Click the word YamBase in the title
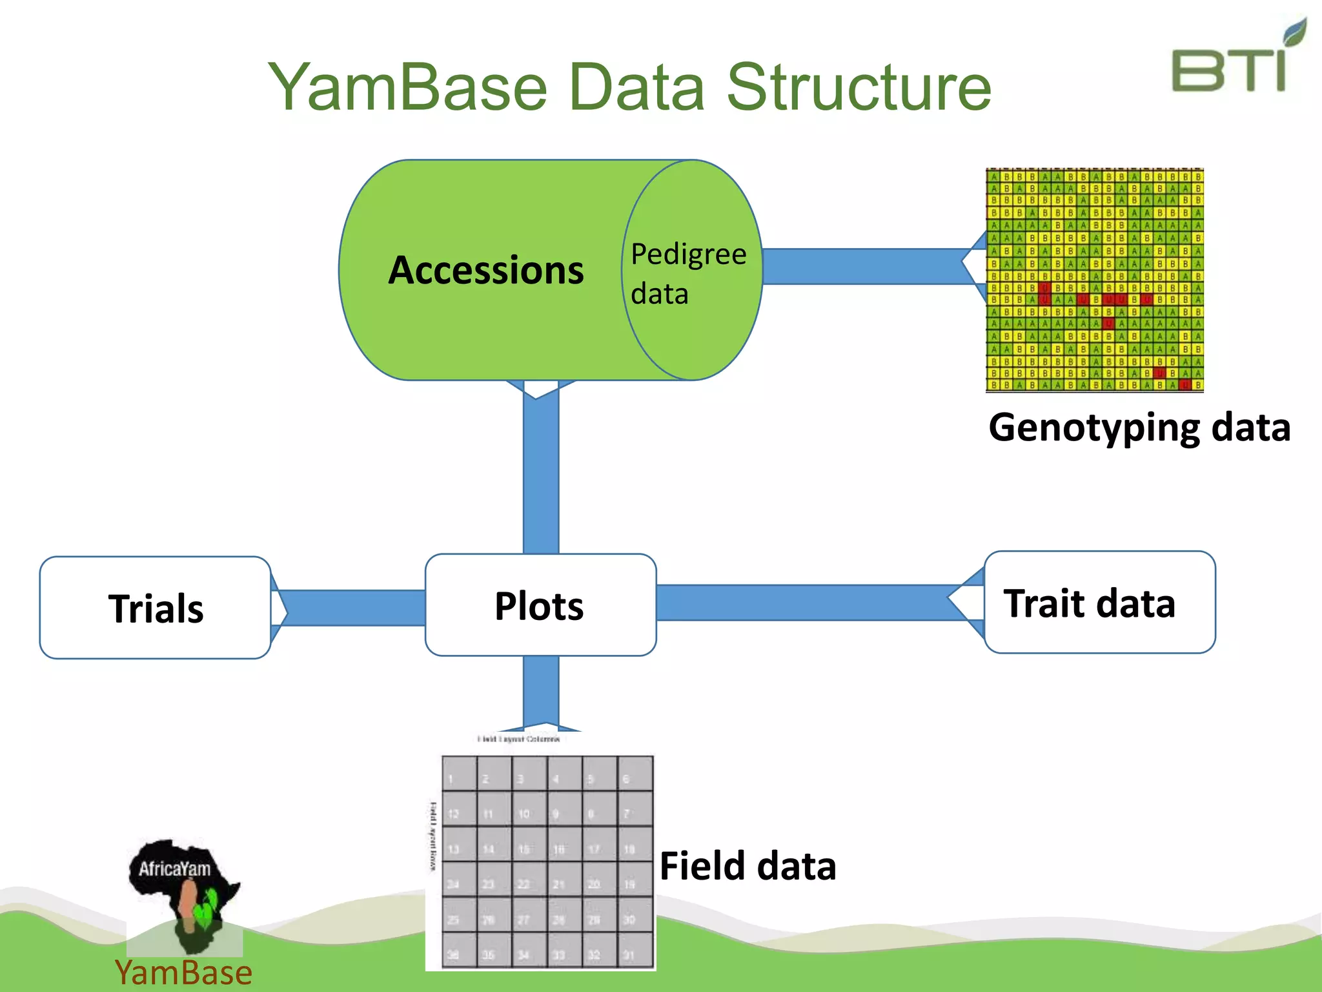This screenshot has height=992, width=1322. coord(408,87)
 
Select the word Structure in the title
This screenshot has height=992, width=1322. coord(859,87)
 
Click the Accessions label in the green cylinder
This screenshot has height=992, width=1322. coord(485,270)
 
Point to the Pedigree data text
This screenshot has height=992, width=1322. coord(687,273)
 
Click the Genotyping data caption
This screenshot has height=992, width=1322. coord(1139,428)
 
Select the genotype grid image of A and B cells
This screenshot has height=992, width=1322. coord(1095,280)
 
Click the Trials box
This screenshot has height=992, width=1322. coord(155,608)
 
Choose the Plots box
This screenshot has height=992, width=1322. coord(540,605)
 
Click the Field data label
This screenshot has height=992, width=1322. coord(747,866)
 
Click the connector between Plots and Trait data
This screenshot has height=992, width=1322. coord(807,603)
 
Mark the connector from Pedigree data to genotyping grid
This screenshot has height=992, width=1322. coord(865,266)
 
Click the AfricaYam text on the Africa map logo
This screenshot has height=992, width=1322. coord(174,869)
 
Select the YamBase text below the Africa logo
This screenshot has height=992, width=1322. coord(183,973)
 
